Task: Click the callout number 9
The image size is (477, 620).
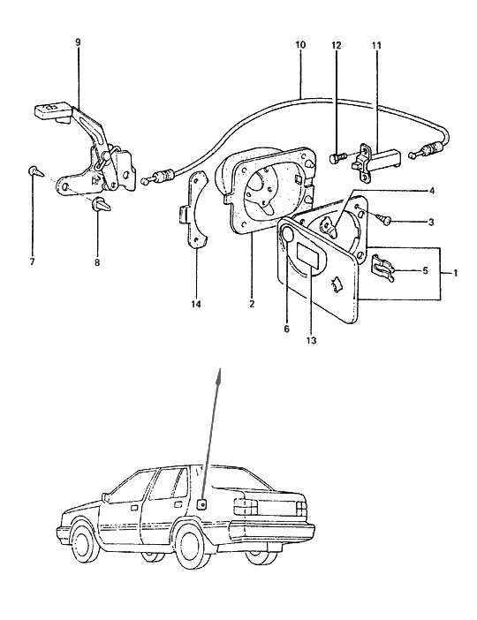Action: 78,42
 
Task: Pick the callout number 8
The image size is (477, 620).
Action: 97,262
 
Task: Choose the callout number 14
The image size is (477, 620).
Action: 197,305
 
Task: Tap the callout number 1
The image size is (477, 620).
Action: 456,273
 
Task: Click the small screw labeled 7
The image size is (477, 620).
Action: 34,170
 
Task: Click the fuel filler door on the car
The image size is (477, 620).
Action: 203,504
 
